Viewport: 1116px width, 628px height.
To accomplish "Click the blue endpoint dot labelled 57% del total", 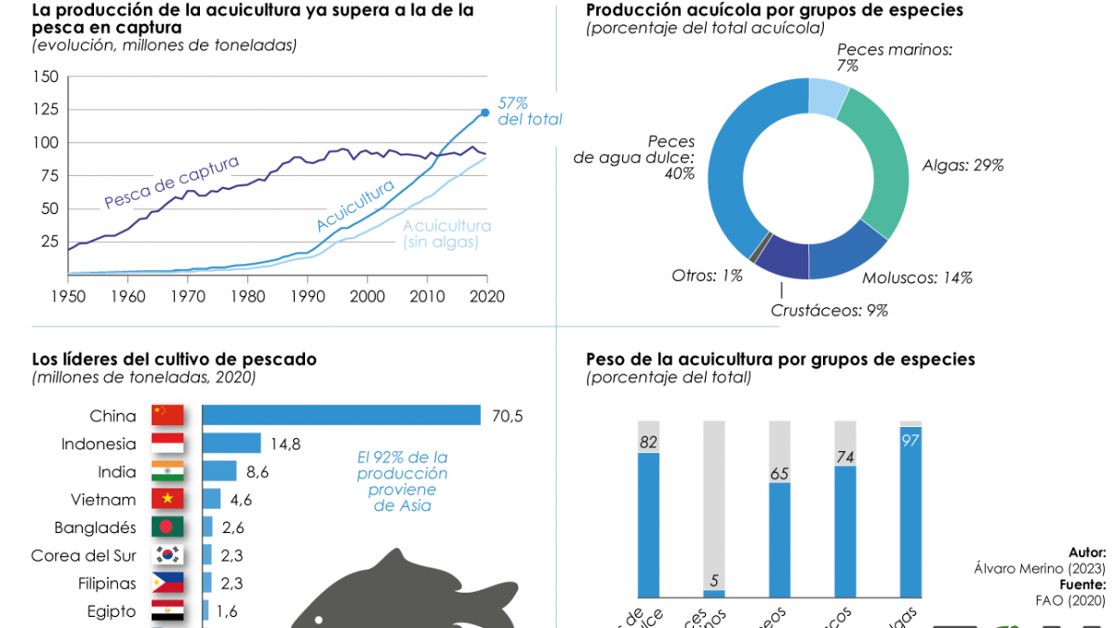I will click(485, 113).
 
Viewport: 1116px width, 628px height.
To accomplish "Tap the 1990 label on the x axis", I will click(307, 297).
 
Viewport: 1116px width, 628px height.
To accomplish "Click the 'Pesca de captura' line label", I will click(171, 182).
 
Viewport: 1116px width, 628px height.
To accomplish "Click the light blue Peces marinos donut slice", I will click(827, 95).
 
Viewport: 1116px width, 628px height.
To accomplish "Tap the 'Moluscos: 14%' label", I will click(916, 277).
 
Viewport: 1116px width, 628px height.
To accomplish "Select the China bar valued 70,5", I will click(340, 416).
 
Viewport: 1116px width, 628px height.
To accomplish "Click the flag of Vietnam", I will click(167, 500).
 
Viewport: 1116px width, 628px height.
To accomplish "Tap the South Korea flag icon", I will click(167, 555).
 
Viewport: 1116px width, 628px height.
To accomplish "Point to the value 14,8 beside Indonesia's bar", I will click(286, 444).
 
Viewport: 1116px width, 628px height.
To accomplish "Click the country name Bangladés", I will click(97, 528).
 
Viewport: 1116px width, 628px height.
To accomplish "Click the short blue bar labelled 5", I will click(714, 593).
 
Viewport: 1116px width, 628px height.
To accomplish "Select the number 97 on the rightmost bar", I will click(910, 440).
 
